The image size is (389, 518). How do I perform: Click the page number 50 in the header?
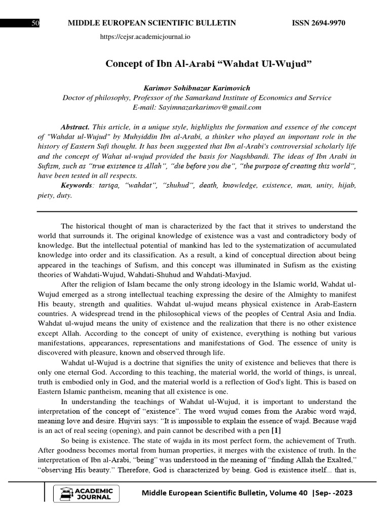[35, 24]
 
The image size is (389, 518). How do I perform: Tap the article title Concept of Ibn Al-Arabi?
[208, 64]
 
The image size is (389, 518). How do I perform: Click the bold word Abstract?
[74, 127]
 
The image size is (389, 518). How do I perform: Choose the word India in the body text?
[346, 314]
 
